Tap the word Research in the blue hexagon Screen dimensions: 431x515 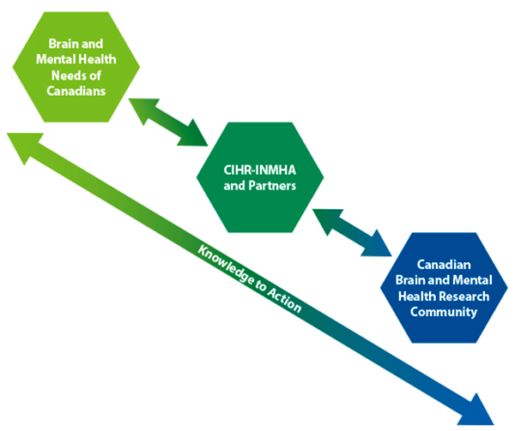[469, 296]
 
